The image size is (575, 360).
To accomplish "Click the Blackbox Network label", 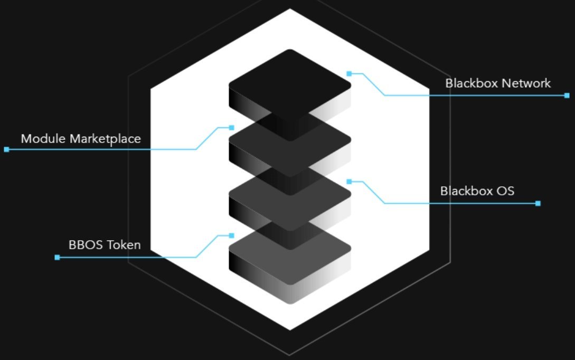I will coord(497,83).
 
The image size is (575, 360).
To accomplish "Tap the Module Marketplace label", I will coord(81,139).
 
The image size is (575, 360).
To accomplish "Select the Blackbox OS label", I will coord(477,191).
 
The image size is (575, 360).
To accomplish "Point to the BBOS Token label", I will coord(105,245).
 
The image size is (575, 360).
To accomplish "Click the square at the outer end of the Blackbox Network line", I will coord(567,96).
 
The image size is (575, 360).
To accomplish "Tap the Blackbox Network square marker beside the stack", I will coord(349,73).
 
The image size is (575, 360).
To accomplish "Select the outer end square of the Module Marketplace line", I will coord(6,149).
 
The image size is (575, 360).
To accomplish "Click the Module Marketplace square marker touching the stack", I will coord(231,128).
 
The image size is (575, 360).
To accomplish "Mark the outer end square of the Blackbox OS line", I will coord(538,203).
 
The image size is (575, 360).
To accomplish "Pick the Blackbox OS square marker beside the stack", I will coord(349,182).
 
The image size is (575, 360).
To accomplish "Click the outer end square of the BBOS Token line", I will coord(57,257).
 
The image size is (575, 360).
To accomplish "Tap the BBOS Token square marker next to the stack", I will coord(231,235).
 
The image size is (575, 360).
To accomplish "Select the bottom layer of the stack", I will coord(289,259).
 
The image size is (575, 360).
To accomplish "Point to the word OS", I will coord(504,191).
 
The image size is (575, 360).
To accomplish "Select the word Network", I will coord(526,83).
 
